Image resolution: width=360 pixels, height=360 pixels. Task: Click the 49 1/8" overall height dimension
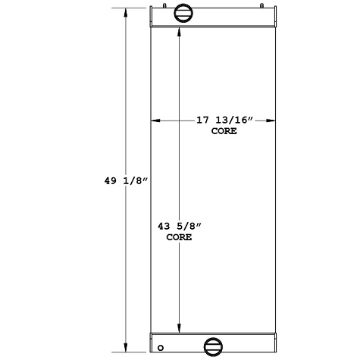click(x=125, y=181)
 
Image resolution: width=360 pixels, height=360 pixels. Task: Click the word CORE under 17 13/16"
click(x=224, y=131)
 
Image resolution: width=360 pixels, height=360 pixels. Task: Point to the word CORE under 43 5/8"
click(x=179, y=237)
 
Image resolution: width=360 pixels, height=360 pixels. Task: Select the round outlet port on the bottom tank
click(x=214, y=347)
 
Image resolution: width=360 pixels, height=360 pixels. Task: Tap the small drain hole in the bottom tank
click(x=160, y=349)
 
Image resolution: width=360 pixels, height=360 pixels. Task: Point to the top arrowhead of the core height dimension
click(x=179, y=34)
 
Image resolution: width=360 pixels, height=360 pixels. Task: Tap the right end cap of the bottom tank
click(x=274, y=343)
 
